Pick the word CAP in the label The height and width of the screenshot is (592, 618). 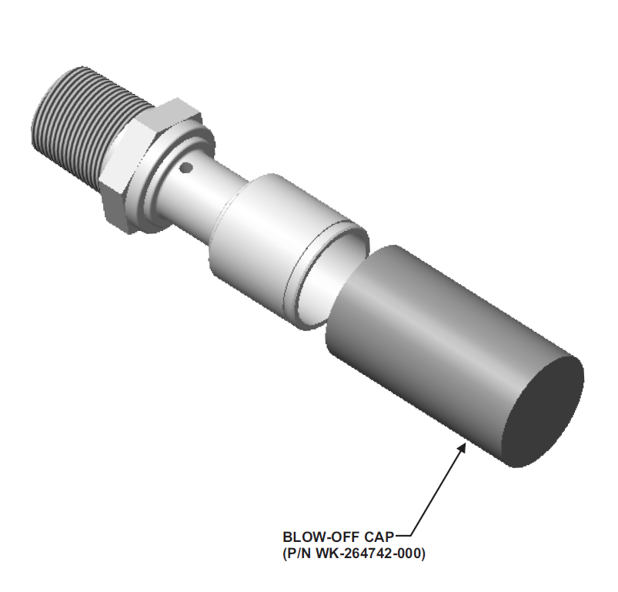point(380,537)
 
